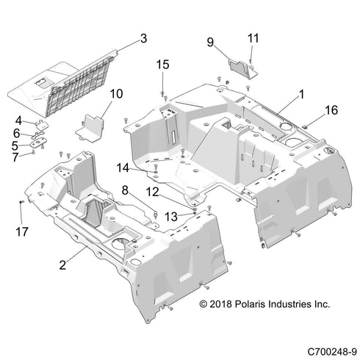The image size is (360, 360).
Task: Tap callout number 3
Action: click(x=143, y=37)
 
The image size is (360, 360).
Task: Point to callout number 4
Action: click(x=19, y=120)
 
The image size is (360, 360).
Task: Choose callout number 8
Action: click(x=125, y=191)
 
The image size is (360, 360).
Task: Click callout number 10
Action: click(x=116, y=93)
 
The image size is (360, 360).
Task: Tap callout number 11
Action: click(x=253, y=37)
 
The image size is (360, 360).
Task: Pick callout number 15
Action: click(x=162, y=66)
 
